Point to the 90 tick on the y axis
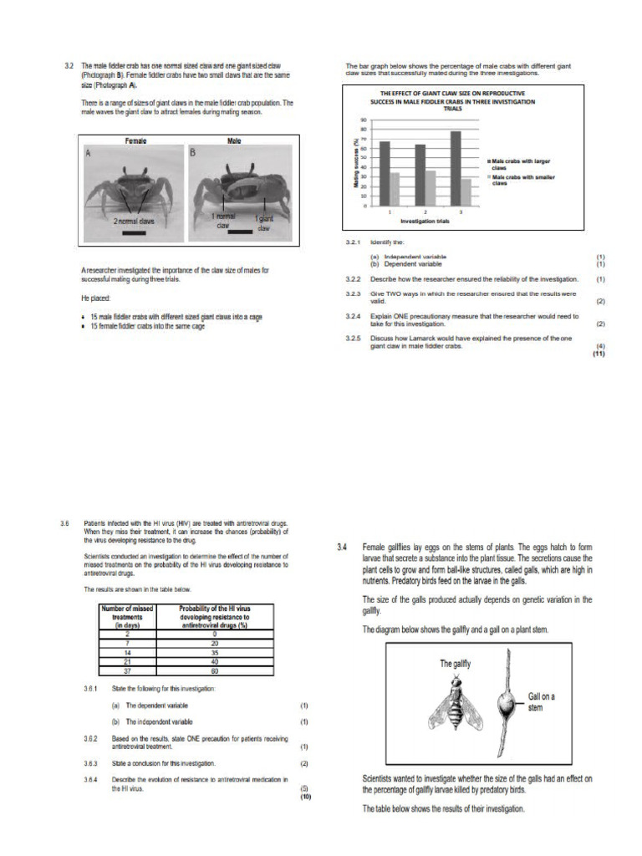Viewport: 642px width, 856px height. coord(364,120)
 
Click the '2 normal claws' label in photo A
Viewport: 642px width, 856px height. coord(134,222)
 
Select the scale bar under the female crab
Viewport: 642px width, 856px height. coord(134,234)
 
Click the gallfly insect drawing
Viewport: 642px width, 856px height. coord(456,701)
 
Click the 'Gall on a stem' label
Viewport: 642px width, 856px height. coord(542,701)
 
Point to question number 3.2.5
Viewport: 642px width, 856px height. coord(354,338)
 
